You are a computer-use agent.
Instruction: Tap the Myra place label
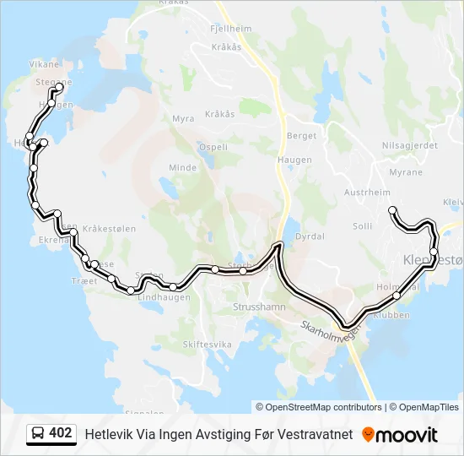(183, 119)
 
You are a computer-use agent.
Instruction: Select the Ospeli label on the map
(213, 147)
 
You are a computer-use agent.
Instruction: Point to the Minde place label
(182, 167)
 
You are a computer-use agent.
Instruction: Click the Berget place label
(301, 135)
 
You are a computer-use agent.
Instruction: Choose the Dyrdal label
(311, 236)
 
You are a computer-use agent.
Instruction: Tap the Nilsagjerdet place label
(410, 145)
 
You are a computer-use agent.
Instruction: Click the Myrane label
(406, 172)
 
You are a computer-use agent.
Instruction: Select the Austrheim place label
(368, 193)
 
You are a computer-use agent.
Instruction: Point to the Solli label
(362, 226)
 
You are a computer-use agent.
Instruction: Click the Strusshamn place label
(259, 307)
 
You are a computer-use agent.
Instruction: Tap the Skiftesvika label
(207, 345)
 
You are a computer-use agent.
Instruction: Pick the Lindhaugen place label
(164, 298)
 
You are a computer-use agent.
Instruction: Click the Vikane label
(45, 64)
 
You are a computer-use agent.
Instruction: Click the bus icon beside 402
(38, 434)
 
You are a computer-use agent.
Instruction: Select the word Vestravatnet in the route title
(310, 435)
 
